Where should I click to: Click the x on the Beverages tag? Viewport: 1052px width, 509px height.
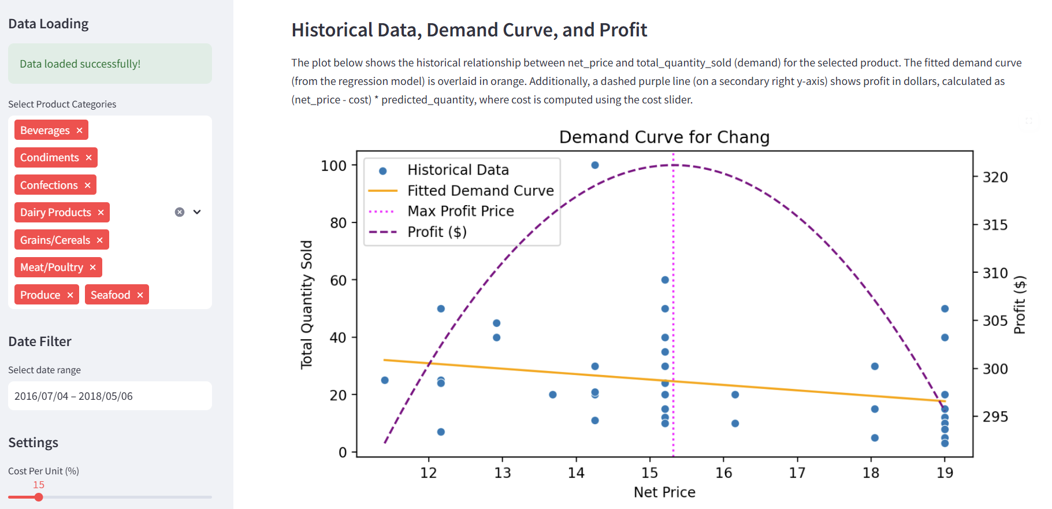80,131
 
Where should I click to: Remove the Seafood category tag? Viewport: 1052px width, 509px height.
140,295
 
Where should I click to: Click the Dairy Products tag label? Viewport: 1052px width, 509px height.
55,213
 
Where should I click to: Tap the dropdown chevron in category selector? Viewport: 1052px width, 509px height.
197,212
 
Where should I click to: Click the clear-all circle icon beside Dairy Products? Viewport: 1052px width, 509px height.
180,212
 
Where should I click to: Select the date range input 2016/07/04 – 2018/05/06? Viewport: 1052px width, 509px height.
110,396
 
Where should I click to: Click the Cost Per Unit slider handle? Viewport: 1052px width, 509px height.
39,497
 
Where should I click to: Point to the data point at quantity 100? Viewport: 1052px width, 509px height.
595,165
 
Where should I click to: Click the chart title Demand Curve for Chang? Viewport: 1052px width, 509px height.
664,137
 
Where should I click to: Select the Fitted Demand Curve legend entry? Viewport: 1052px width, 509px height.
480,191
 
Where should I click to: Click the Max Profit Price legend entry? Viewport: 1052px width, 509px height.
460,211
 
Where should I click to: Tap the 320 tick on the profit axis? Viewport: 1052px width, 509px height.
995,177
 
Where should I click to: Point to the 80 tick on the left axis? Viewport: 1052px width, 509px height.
338,223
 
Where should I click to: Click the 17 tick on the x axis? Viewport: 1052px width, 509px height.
797,473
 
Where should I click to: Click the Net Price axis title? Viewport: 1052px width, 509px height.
664,492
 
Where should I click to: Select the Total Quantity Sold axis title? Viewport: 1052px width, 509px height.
306,304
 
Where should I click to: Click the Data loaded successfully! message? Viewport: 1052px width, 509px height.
80,64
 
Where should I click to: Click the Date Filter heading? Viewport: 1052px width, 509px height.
40,341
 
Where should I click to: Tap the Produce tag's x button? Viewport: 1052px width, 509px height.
70,295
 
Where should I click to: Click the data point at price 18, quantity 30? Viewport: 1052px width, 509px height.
875,366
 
